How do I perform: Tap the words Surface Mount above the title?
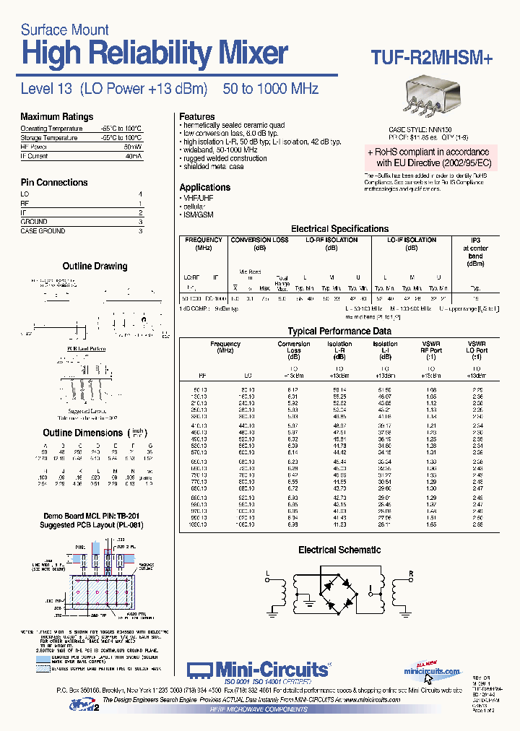coord(65,30)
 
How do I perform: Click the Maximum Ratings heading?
coord(56,117)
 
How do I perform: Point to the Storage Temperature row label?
coord(49,137)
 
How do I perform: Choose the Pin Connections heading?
coord(54,183)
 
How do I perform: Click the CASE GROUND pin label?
coord(43,231)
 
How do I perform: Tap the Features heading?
coord(197,116)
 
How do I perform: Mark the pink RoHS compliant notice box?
coord(428,157)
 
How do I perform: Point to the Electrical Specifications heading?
coord(339,229)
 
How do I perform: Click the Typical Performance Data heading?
coord(339,332)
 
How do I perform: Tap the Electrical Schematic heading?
coord(339,550)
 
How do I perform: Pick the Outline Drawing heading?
coord(95,267)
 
